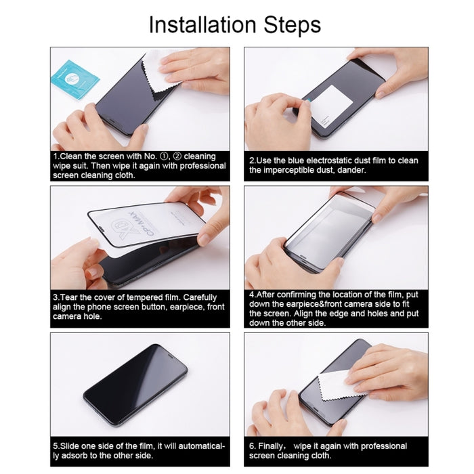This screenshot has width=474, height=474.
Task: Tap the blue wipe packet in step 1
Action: (x=74, y=77)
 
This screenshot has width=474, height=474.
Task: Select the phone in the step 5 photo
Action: (x=135, y=384)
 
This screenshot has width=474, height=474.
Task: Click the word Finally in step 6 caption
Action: (x=278, y=446)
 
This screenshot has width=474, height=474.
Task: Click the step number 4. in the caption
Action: (x=253, y=295)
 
